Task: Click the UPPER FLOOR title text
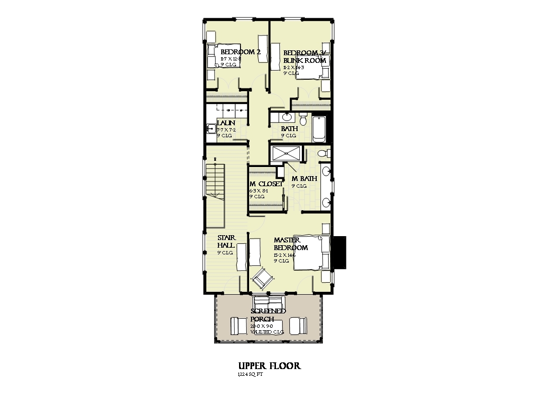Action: pos(270,366)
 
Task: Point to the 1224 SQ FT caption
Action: pos(250,374)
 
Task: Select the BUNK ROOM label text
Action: pos(305,60)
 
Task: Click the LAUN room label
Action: pos(226,123)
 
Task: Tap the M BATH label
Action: pos(304,179)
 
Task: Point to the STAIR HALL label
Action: pos(226,241)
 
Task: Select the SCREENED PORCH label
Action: pos(268,315)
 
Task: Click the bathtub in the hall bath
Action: pos(319,129)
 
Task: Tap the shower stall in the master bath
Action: pos(286,154)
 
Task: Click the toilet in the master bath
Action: pos(324,154)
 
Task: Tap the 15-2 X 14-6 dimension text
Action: pos(285,255)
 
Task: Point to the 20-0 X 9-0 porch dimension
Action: pos(262,326)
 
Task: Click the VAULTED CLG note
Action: pos(267,332)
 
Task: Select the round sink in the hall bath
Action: pos(286,117)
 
